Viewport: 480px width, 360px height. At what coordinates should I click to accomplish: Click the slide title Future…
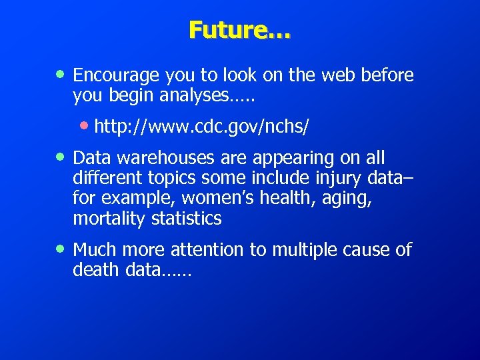(x=239, y=31)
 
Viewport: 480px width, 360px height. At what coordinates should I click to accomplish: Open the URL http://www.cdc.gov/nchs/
(x=202, y=126)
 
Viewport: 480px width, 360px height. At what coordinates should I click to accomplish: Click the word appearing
(x=300, y=159)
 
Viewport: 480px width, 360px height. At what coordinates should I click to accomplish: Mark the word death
(x=91, y=270)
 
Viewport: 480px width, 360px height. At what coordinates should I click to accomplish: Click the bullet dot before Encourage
(x=61, y=74)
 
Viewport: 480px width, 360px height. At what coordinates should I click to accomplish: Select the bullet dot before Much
(x=61, y=249)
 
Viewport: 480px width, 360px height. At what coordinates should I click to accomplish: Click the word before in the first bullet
(x=387, y=75)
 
